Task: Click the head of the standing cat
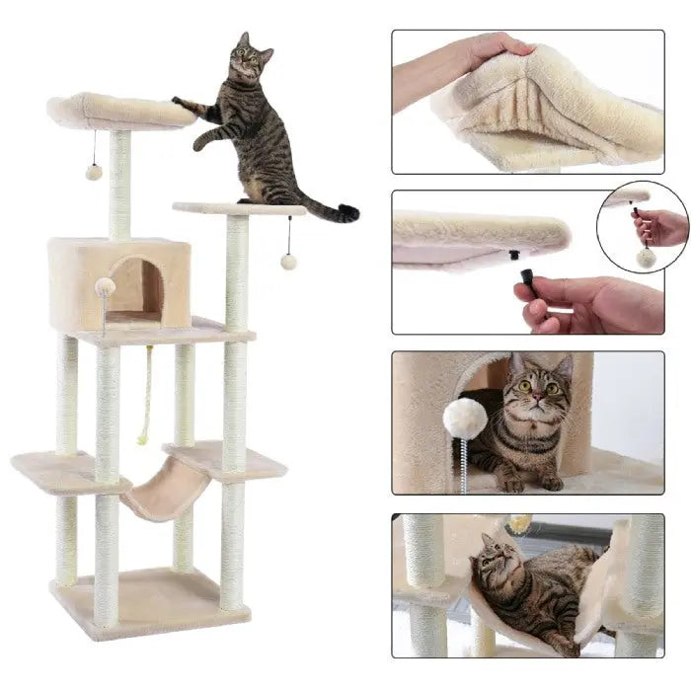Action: point(246,60)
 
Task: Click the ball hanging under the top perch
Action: point(94,172)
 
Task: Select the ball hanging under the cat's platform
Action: point(289,261)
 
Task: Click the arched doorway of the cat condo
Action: point(136,288)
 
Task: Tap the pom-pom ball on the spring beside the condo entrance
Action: point(105,287)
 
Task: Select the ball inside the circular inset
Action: point(646,258)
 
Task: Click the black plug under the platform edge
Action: point(514,255)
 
